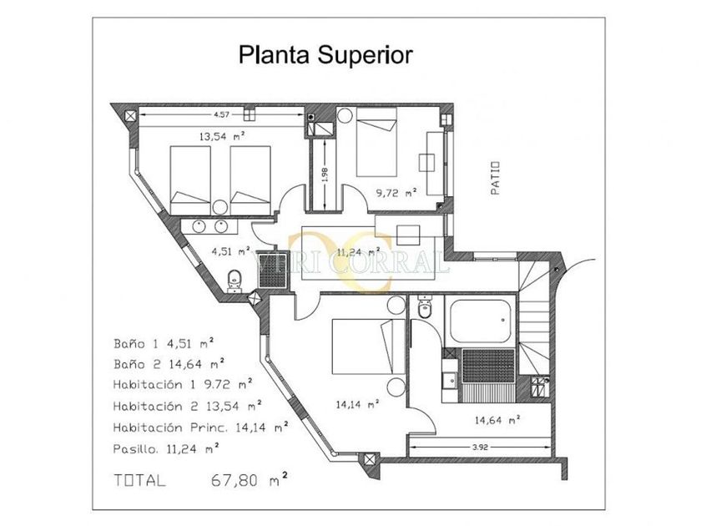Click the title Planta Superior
click(x=325, y=55)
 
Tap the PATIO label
click(x=495, y=178)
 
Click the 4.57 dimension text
click(x=221, y=114)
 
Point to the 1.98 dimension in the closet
click(x=325, y=174)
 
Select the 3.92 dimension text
click(x=480, y=447)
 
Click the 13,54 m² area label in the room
click(x=222, y=136)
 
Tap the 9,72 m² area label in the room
click(x=396, y=193)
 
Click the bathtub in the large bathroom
click(x=481, y=321)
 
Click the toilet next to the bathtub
click(x=424, y=306)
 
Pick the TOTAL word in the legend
click(x=140, y=480)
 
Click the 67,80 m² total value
click(x=249, y=479)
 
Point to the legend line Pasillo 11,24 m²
click(x=166, y=448)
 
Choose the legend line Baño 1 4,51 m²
click(x=164, y=343)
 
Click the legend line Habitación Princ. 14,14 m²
click(x=200, y=427)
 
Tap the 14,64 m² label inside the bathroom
click(x=497, y=420)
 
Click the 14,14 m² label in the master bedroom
click(x=357, y=405)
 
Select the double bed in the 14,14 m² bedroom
click(x=369, y=346)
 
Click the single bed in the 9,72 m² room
click(x=376, y=142)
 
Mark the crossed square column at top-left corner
click(x=130, y=117)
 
